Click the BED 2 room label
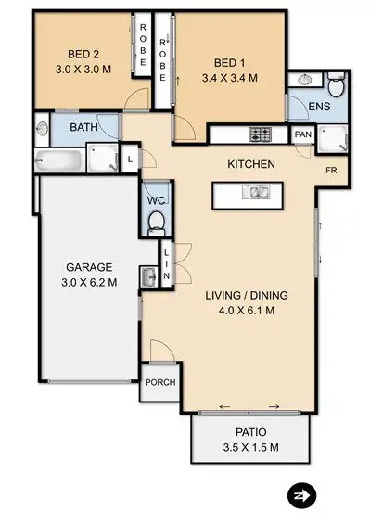[x=82, y=53]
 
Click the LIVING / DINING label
[x=246, y=296]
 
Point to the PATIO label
[x=250, y=432]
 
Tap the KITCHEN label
[x=251, y=165]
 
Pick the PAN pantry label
[x=302, y=134]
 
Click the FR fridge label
[x=330, y=172]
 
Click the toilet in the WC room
[x=157, y=221]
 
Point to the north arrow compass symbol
[x=300, y=494]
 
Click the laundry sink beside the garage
[x=148, y=277]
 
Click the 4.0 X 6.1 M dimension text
[x=246, y=312]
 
